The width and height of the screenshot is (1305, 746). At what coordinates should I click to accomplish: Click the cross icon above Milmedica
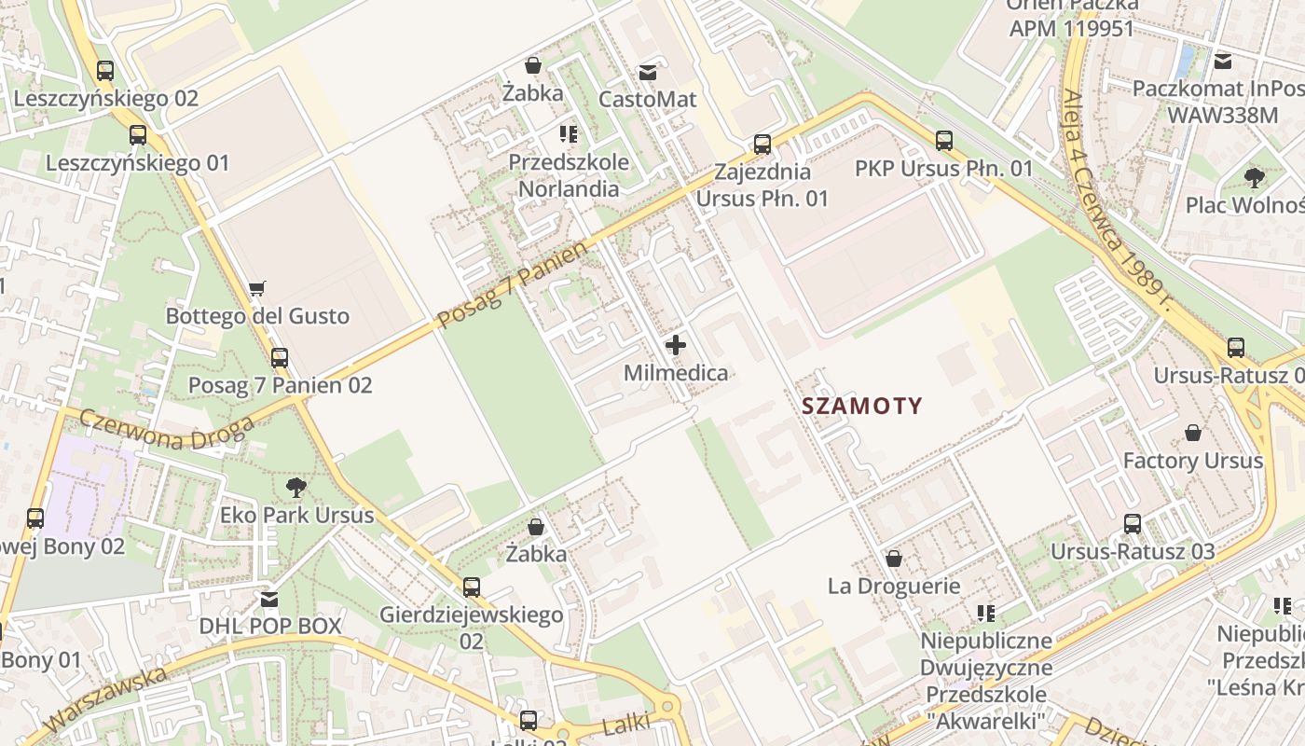click(676, 346)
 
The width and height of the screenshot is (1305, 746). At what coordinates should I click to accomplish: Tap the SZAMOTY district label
click(862, 406)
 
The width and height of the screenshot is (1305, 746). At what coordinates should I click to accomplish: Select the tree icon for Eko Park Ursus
click(296, 487)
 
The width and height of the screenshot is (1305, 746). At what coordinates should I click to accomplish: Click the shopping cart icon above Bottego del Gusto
click(257, 289)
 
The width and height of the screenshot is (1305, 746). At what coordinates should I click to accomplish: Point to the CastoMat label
click(648, 99)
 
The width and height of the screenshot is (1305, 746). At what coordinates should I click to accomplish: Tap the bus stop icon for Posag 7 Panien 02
click(279, 357)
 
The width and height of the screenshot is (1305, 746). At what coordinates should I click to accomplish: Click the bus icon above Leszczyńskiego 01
click(138, 135)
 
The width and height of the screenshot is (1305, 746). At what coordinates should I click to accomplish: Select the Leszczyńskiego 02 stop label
click(106, 98)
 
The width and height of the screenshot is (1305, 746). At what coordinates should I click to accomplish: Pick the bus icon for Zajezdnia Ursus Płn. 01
click(762, 144)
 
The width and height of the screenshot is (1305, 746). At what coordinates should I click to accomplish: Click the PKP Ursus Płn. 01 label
click(944, 169)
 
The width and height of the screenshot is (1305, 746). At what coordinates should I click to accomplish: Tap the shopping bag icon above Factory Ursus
click(1192, 433)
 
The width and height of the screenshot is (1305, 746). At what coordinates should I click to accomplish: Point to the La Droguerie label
click(894, 586)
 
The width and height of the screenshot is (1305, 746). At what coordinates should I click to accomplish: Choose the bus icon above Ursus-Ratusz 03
click(1133, 523)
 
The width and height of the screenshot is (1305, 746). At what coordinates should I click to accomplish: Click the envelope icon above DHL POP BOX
click(269, 598)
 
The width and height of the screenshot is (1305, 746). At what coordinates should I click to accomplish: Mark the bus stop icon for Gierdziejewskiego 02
click(472, 587)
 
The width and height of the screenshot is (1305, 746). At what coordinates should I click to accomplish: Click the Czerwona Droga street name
click(167, 430)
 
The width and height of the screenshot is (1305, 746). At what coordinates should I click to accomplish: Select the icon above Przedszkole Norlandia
click(569, 134)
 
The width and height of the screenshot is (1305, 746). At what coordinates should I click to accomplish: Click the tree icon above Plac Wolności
click(1254, 177)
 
